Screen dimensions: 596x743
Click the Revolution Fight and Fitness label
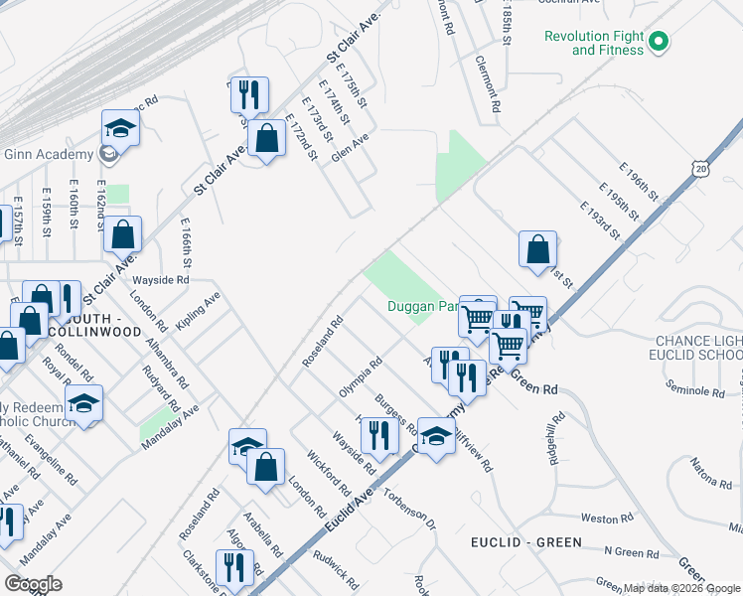pyautogui.click(x=597, y=43)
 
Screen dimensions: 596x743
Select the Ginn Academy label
pyautogui.click(x=48, y=154)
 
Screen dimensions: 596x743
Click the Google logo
pyautogui.click(x=33, y=584)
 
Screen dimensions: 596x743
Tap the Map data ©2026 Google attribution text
pyautogui.click(x=681, y=588)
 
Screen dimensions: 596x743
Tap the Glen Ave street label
pyautogui.click(x=351, y=148)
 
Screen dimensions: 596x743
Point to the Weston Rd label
pyautogui.click(x=600, y=519)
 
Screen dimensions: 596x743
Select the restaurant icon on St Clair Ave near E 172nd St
pyautogui.click(x=249, y=94)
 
